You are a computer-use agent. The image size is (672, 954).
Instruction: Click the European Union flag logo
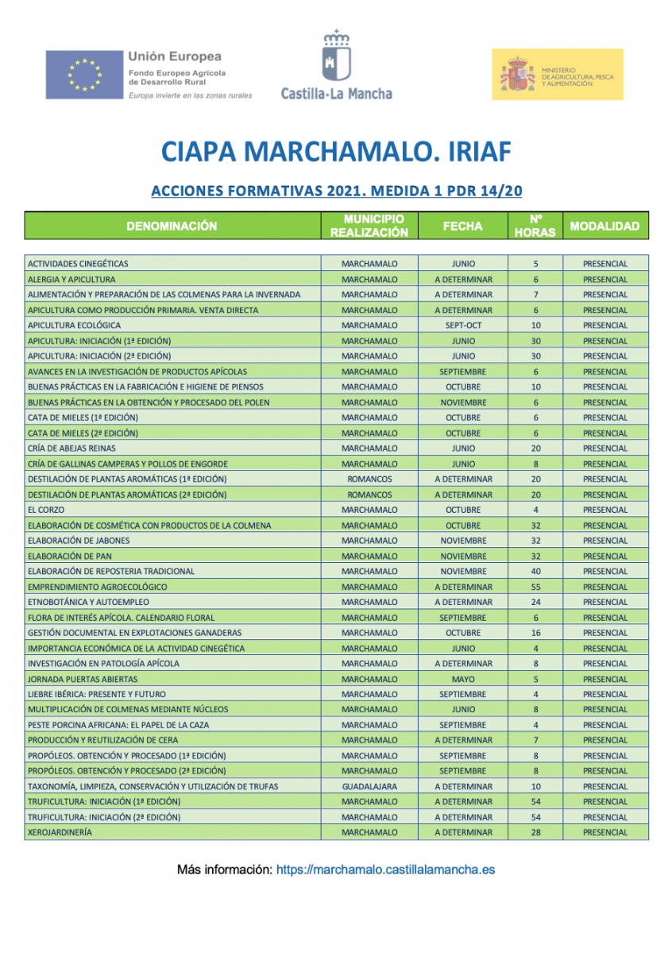(x=83, y=75)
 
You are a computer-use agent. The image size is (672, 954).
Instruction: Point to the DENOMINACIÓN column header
(x=172, y=226)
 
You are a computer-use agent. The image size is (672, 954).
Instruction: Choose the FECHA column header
(x=462, y=226)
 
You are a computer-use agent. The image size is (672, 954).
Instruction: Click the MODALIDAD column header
(x=604, y=226)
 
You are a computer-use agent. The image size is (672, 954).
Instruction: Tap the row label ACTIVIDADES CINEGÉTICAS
(x=78, y=264)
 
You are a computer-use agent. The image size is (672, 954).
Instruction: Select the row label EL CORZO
(x=46, y=510)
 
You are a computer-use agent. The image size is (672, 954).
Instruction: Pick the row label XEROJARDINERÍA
(x=60, y=832)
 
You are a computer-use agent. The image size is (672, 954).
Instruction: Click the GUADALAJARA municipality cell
(x=369, y=786)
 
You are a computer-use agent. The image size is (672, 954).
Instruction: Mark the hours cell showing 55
(x=536, y=587)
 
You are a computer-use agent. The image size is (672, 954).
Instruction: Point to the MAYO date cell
(x=463, y=679)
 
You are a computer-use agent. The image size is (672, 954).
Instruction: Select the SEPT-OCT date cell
(x=463, y=325)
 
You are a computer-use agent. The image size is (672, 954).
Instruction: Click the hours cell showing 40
(x=536, y=571)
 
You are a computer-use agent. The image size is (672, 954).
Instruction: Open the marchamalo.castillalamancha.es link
(x=385, y=870)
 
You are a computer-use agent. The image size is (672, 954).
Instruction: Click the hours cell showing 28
(x=536, y=832)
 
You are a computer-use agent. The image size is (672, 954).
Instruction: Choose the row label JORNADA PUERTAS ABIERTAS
(x=83, y=679)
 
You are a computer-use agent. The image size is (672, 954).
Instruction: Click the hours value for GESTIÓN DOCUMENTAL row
(x=536, y=633)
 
